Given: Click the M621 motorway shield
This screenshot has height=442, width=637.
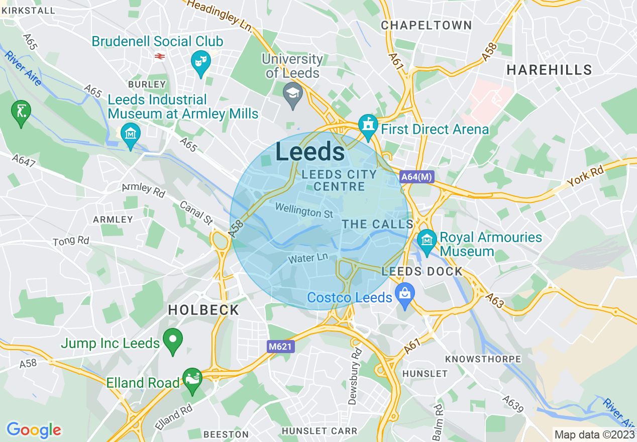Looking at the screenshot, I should click(280, 346).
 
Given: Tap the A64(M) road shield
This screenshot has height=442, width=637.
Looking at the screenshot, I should click(416, 177).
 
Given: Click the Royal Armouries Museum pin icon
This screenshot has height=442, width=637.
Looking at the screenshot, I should click(427, 240).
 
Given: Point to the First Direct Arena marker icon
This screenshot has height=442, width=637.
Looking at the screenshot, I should click(368, 126).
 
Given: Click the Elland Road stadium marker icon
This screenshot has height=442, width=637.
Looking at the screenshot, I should click(192, 380).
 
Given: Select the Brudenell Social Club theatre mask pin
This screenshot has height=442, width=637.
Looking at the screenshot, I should click(201, 62).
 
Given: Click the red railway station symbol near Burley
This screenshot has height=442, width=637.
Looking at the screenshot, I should click(160, 57).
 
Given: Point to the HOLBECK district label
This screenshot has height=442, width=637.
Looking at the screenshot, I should click(203, 310).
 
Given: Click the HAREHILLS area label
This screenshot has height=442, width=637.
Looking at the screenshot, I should click(549, 69).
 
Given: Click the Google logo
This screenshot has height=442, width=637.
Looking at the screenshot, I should click(34, 430).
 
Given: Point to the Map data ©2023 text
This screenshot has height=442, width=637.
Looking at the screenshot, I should click(593, 434).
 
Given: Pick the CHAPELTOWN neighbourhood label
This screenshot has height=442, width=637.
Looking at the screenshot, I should click(426, 25).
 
